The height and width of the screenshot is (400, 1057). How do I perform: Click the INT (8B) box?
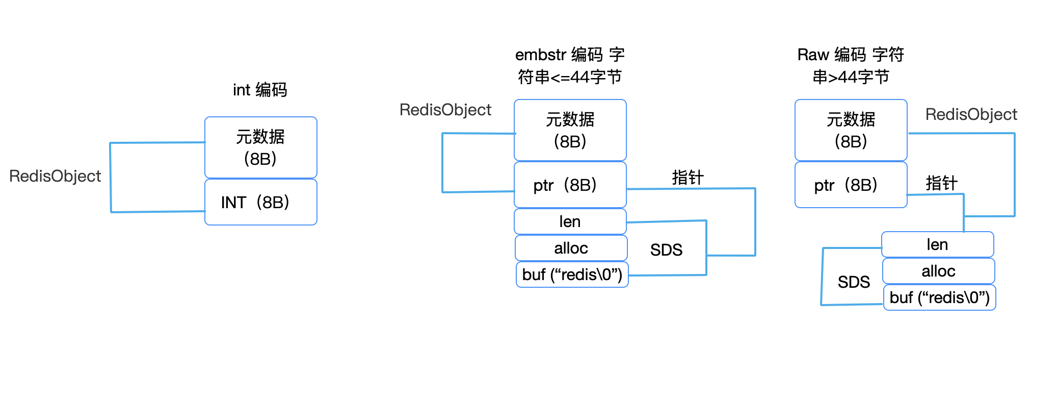pyautogui.click(x=260, y=202)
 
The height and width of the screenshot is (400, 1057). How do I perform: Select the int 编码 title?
pyautogui.click(x=260, y=90)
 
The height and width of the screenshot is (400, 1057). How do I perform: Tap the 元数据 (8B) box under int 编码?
pyautogui.click(x=260, y=147)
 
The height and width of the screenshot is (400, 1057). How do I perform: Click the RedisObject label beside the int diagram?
pyautogui.click(x=55, y=176)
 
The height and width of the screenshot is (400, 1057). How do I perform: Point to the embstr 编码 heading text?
pyautogui.click(x=570, y=65)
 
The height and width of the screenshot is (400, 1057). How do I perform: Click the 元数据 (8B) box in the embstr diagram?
pyautogui.click(x=570, y=130)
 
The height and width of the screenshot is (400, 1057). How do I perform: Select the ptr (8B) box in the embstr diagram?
pyautogui.click(x=570, y=185)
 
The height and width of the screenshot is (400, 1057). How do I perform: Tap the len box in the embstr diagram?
pyautogui.click(x=570, y=221)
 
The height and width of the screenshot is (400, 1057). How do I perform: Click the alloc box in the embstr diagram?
pyautogui.click(x=571, y=248)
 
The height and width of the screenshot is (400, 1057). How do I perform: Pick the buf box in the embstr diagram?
pyautogui.click(x=572, y=274)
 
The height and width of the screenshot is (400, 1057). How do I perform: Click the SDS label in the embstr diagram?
pyautogui.click(x=666, y=249)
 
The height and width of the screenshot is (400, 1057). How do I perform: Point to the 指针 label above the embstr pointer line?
pyautogui.click(x=688, y=177)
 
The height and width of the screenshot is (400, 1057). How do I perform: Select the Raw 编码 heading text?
pyautogui.click(x=851, y=65)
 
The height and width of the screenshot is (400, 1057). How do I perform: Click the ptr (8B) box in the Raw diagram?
pyautogui.click(x=851, y=185)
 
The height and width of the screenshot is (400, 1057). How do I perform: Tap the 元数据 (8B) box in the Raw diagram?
pyautogui.click(x=851, y=130)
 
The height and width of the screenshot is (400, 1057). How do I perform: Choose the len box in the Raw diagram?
pyautogui.click(x=937, y=244)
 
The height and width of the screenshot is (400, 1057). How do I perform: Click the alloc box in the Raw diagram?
pyautogui.click(x=938, y=271)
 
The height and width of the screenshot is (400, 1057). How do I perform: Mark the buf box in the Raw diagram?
pyautogui.click(x=939, y=297)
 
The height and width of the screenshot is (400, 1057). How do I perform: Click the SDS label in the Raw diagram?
pyautogui.click(x=854, y=282)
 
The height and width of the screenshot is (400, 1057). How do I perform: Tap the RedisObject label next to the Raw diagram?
pyautogui.click(x=971, y=114)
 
